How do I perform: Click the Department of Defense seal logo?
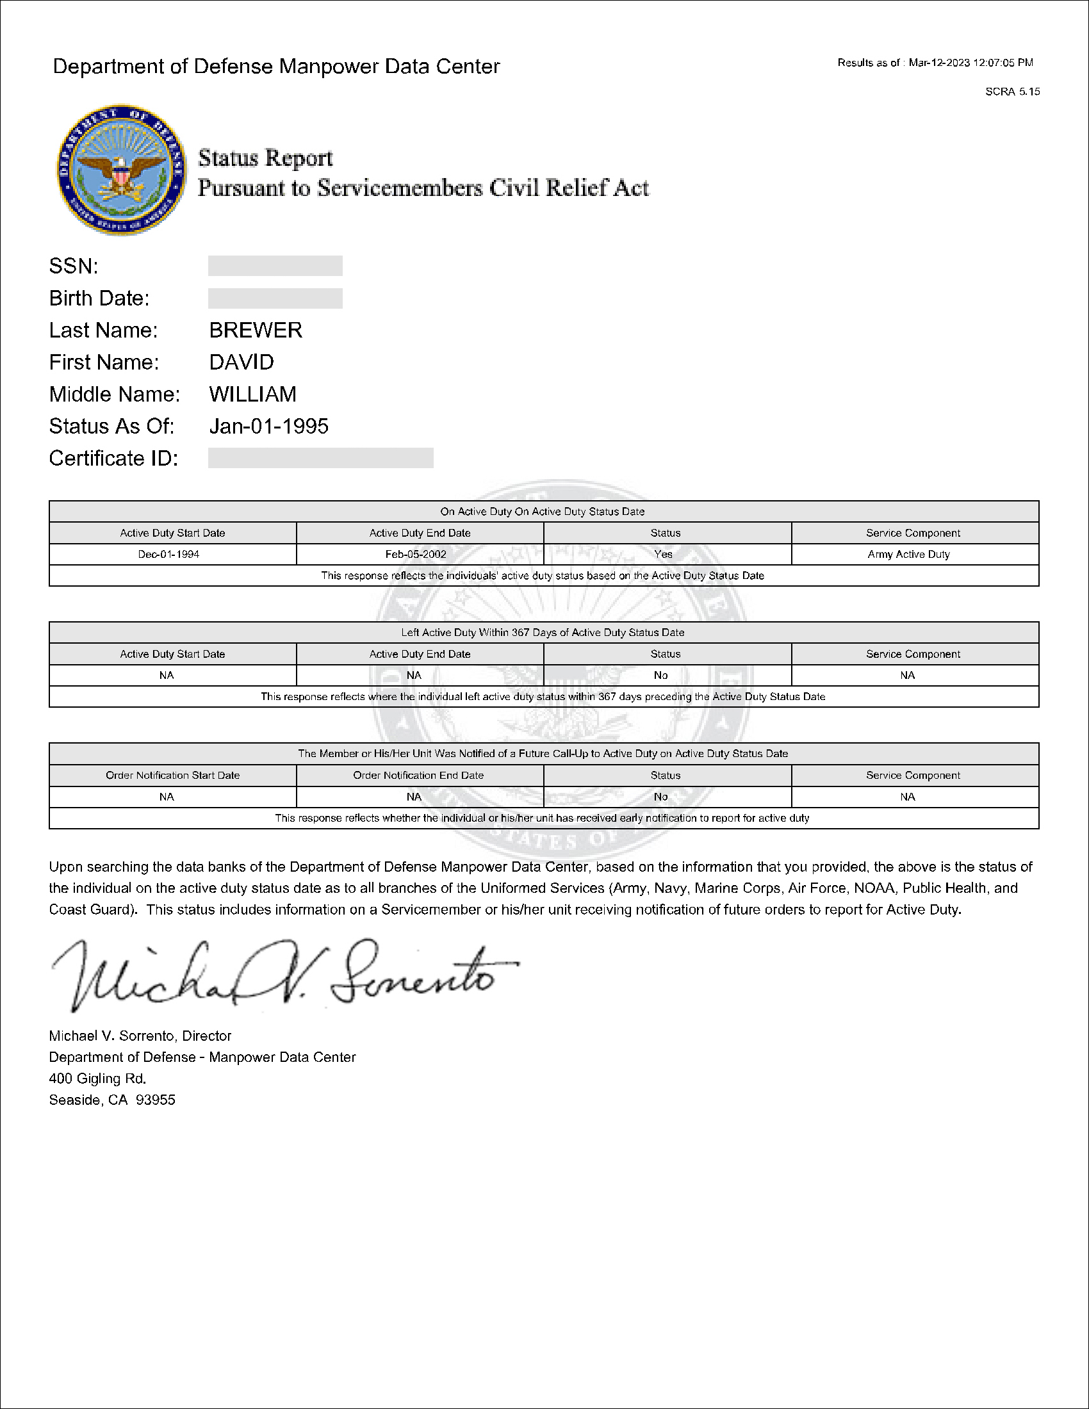(120, 170)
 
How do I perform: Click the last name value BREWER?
(256, 330)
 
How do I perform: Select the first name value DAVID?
(242, 362)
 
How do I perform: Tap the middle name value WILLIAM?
(253, 394)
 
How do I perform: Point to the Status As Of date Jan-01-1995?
(269, 427)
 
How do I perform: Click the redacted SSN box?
(275, 266)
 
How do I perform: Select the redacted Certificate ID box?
(321, 458)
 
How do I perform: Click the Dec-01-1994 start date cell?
(169, 554)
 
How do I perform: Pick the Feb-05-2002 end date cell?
(416, 554)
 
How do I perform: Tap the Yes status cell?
(663, 554)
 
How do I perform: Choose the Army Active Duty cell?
(908, 554)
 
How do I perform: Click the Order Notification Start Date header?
(173, 776)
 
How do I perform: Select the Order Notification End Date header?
(419, 776)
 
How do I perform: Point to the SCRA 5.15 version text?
(1012, 92)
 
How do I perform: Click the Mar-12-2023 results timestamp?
(971, 63)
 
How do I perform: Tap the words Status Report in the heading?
(265, 158)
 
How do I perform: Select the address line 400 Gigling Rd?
(98, 1079)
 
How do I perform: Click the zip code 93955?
(156, 1100)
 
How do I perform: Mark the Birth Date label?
(99, 298)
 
